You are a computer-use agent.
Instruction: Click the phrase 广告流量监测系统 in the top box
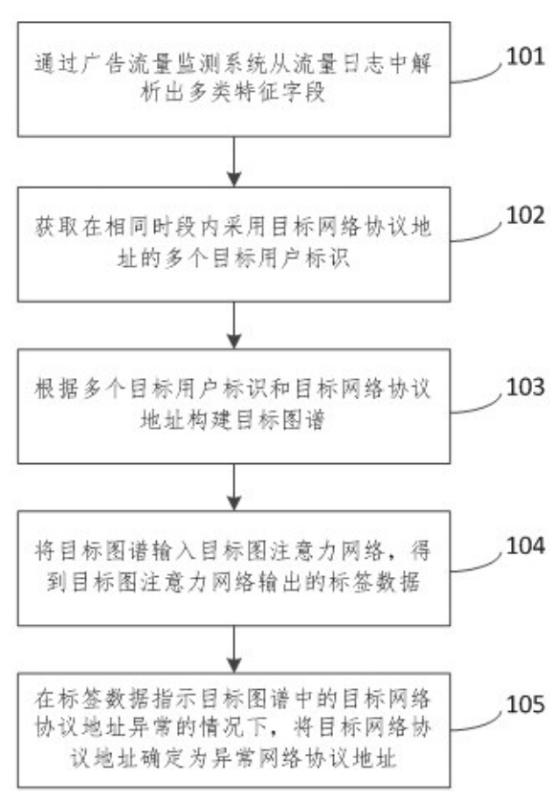pos(159,68)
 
